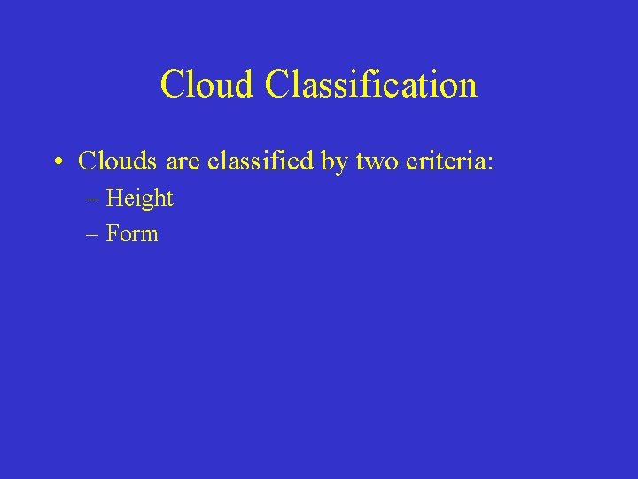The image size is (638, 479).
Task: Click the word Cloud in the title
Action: coord(207,85)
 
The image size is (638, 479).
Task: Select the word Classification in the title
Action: coord(370,85)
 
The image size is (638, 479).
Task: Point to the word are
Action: coord(183,162)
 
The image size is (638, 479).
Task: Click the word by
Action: coord(337,162)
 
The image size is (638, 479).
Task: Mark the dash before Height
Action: coord(93,200)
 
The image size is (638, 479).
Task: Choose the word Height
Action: coord(139,199)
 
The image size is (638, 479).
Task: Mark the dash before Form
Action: coord(93,235)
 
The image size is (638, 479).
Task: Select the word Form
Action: coord(132,234)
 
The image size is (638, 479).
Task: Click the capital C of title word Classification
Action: coord(276,85)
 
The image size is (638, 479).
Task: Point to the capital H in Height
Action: coord(113,198)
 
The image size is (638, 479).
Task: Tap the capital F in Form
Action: coord(112,234)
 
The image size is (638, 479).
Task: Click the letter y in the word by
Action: coord(343,164)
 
